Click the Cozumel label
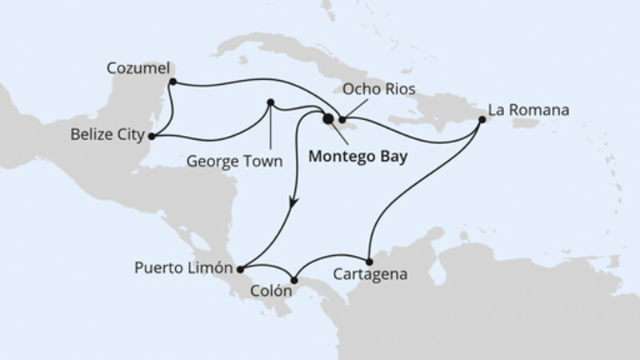click(x=135, y=69)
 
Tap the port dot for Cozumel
click(x=172, y=80)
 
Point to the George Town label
click(x=235, y=161)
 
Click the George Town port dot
click(x=270, y=102)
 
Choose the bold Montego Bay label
click(x=356, y=158)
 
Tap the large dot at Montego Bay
click(x=327, y=119)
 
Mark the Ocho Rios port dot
click(x=342, y=120)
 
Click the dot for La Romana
click(x=482, y=120)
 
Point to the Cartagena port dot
click(x=368, y=262)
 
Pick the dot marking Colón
click(x=295, y=279)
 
